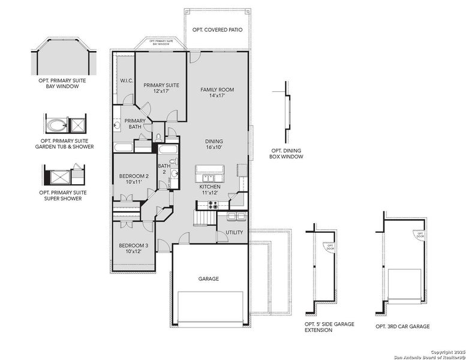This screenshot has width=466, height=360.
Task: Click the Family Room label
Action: coord(217,92)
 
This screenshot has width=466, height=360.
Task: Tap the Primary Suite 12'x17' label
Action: coord(161,88)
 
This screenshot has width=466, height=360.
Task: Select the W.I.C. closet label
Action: coord(126,80)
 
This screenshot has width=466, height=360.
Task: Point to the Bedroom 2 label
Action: coord(133,178)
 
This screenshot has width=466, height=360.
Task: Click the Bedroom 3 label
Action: coord(133,248)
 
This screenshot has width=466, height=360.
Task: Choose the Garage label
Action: coord(209,278)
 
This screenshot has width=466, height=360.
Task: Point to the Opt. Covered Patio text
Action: coord(217,29)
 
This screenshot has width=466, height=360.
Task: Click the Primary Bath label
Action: coord(135,124)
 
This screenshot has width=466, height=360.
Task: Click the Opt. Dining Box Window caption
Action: coord(286,154)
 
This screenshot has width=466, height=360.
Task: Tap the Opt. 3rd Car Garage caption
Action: coord(402,326)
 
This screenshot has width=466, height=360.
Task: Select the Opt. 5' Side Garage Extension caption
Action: coord(329,327)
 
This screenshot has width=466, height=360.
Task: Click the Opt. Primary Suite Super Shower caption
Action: coord(63,196)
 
